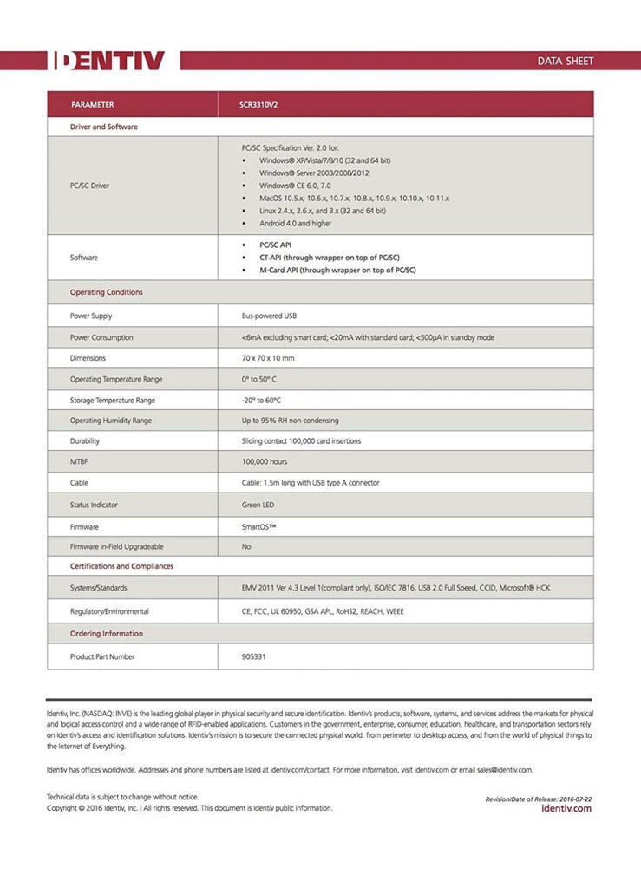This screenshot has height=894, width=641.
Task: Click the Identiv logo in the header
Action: [x=108, y=60]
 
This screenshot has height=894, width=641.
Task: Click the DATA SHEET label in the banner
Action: [x=566, y=61]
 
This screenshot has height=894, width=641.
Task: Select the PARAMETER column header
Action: [x=93, y=105]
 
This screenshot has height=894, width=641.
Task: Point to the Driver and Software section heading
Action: [x=103, y=127]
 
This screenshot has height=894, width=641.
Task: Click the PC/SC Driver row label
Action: [x=89, y=186]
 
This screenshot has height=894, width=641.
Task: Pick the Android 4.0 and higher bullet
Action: [x=295, y=223]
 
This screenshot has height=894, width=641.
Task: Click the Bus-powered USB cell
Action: [x=268, y=316]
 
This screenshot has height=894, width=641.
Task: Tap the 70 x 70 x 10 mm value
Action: [x=268, y=358]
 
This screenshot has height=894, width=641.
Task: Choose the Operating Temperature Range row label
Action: [x=116, y=379]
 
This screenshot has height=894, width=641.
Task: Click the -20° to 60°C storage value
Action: [x=261, y=400]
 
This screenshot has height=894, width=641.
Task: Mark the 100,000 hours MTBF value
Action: [x=265, y=461]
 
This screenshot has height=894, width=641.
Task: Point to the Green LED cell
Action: [x=258, y=504]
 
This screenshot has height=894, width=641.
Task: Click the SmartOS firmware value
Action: [x=261, y=526]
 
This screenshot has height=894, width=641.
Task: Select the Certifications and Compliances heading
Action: [x=121, y=566]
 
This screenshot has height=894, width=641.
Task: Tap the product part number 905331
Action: [x=253, y=656]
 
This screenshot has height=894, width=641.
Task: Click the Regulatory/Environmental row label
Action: [x=109, y=611]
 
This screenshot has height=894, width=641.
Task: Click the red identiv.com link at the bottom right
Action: [x=566, y=808]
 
